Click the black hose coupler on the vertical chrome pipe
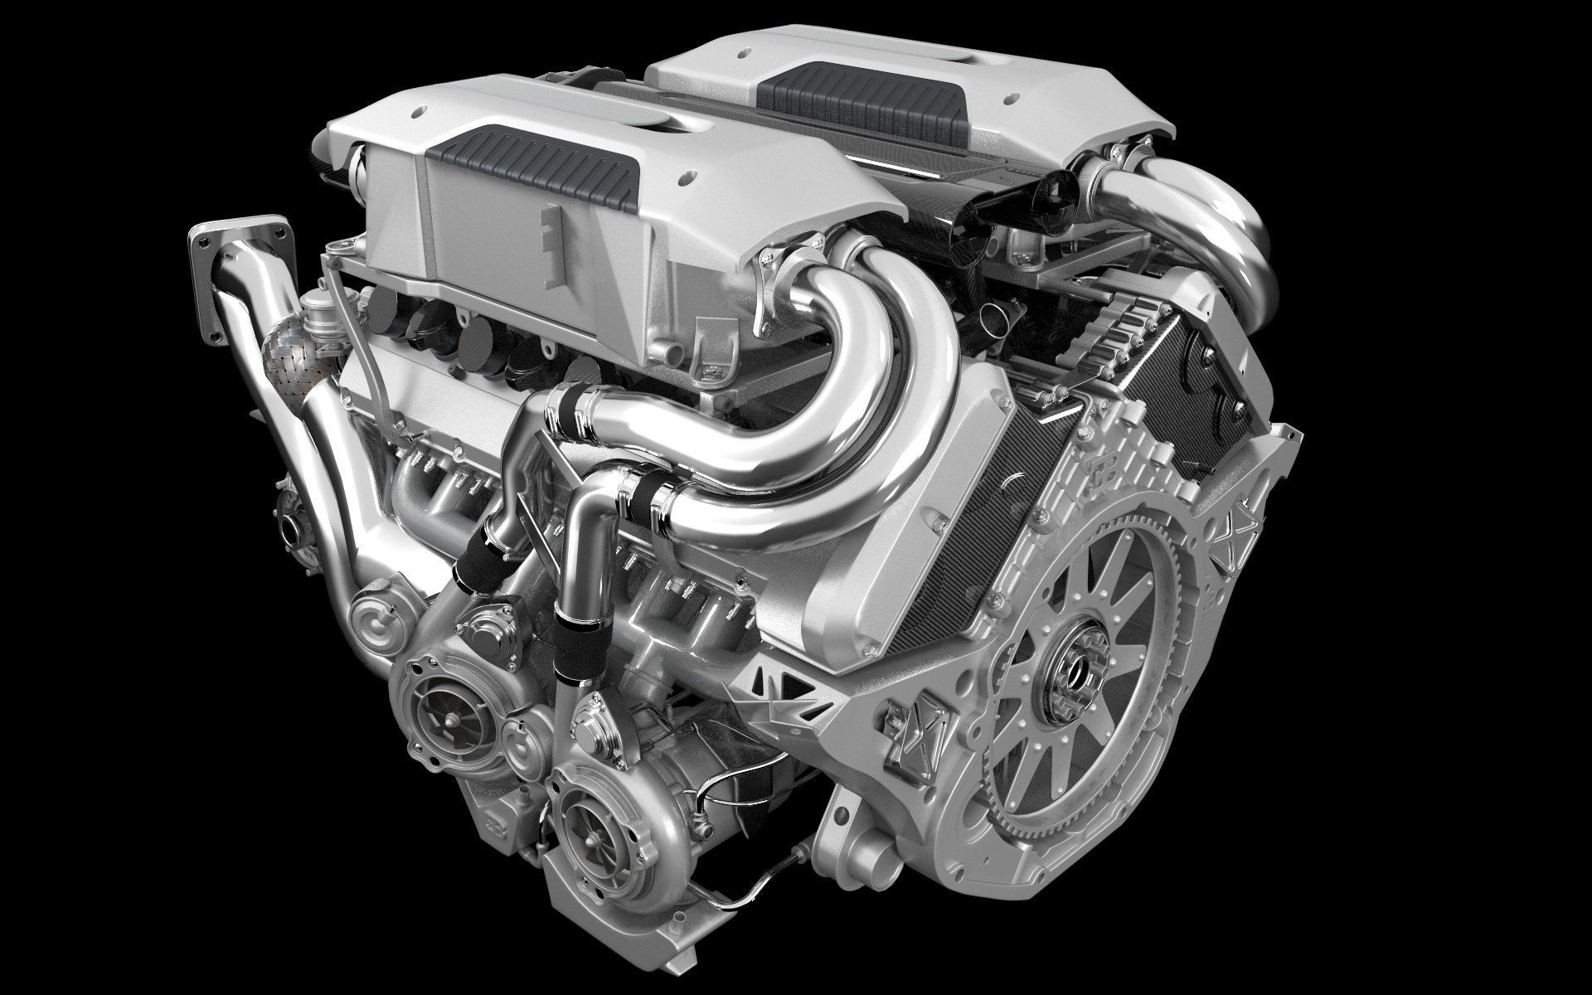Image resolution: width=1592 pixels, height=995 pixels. tap(572, 655)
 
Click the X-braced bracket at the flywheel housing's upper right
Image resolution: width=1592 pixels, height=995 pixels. tap(1244, 531)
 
